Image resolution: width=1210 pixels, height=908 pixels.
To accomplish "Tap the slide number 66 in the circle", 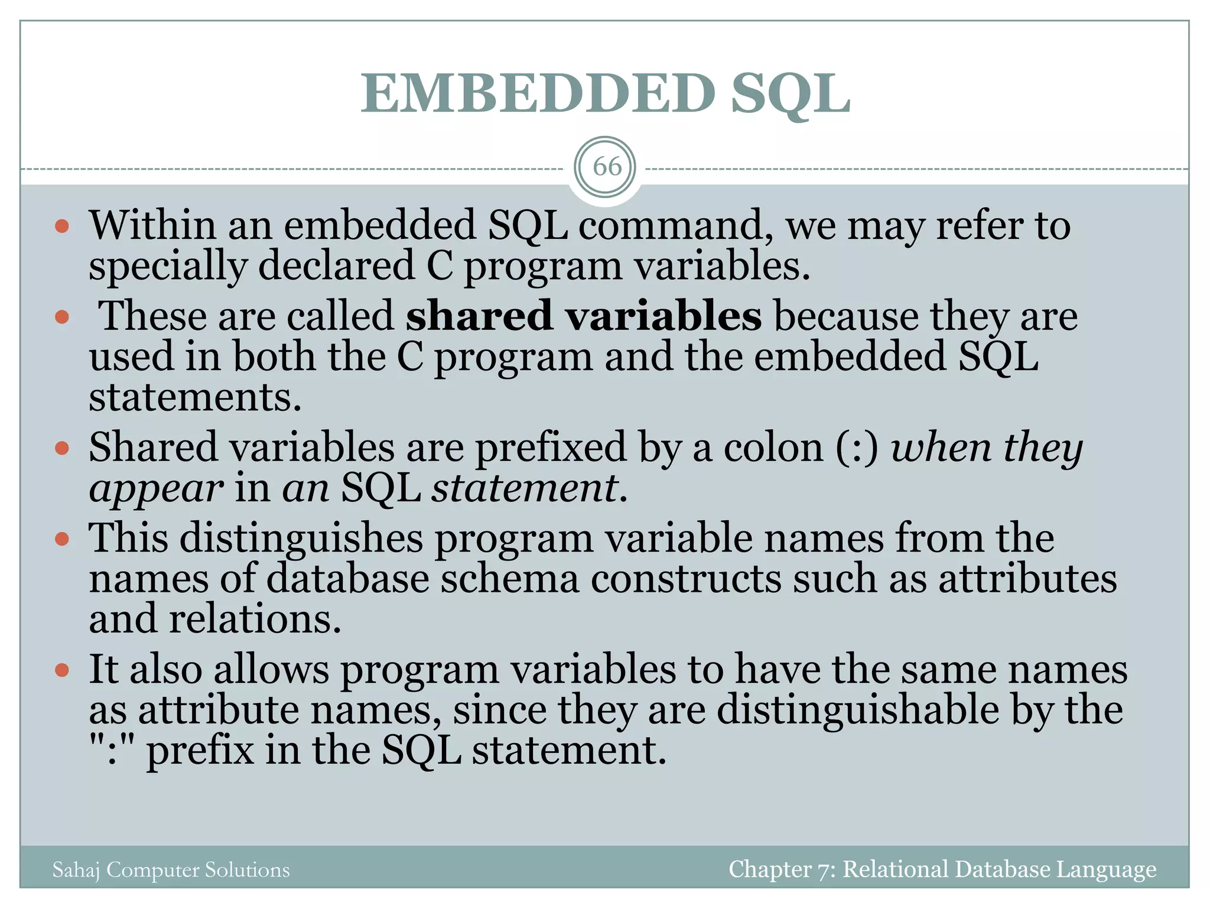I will click(607, 167).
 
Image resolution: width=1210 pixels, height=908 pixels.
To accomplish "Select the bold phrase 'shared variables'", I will click(583, 316).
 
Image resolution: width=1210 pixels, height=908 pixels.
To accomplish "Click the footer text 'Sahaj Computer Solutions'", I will click(171, 870).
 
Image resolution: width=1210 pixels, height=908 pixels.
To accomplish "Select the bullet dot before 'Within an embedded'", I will click(62, 227).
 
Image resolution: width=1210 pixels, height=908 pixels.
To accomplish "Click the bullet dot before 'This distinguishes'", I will click(62, 539).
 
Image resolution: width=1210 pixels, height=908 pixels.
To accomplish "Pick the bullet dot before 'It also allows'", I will click(62, 670).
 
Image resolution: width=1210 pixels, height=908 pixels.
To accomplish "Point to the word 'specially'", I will click(168, 267).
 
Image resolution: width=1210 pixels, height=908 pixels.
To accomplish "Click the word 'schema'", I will click(510, 579).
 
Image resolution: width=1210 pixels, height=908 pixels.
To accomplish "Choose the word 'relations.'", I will click(255, 620).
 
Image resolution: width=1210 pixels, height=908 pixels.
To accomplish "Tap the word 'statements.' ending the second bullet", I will click(195, 397).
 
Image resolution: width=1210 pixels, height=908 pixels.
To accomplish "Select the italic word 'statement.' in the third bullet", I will click(529, 489).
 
